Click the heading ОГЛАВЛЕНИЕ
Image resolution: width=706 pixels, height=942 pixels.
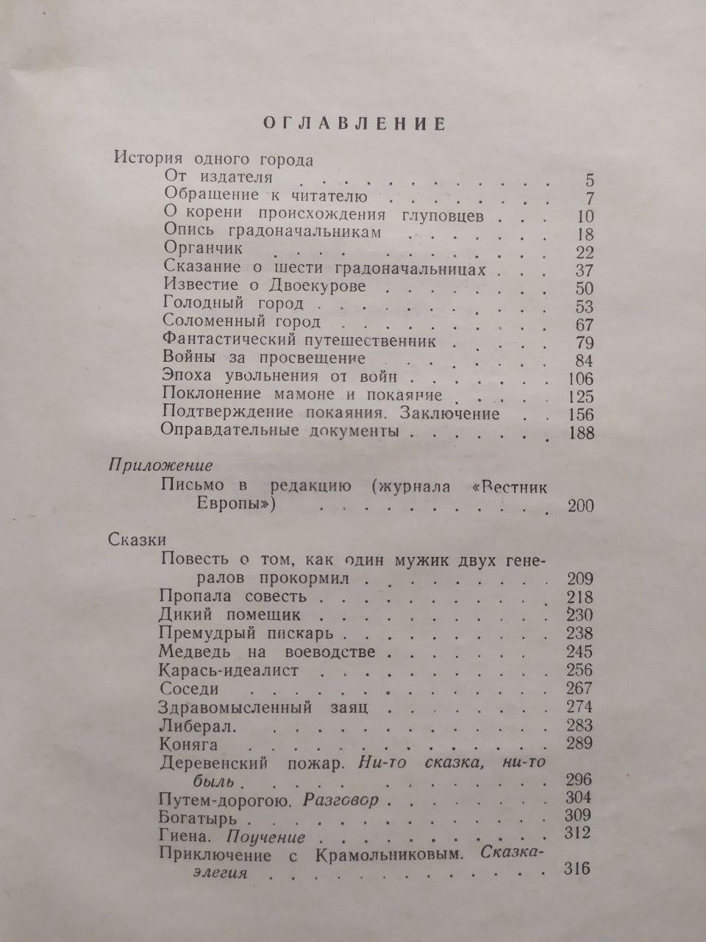click(354, 124)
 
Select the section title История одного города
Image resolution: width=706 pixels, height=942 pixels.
click(204, 160)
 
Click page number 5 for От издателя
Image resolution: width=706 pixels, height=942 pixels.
click(589, 180)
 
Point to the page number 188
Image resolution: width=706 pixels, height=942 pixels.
click(581, 433)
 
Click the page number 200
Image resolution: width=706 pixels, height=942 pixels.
click(580, 506)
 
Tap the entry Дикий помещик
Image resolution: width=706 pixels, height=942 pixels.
click(229, 614)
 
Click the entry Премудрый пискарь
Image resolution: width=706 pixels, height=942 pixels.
click(246, 633)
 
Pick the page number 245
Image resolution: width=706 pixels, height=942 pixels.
click(579, 651)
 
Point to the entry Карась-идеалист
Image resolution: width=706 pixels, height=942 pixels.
click(229, 670)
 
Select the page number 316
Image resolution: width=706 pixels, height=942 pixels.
click(576, 869)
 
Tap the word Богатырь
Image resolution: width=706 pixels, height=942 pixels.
click(197, 817)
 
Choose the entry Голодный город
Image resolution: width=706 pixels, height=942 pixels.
click(223, 303)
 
